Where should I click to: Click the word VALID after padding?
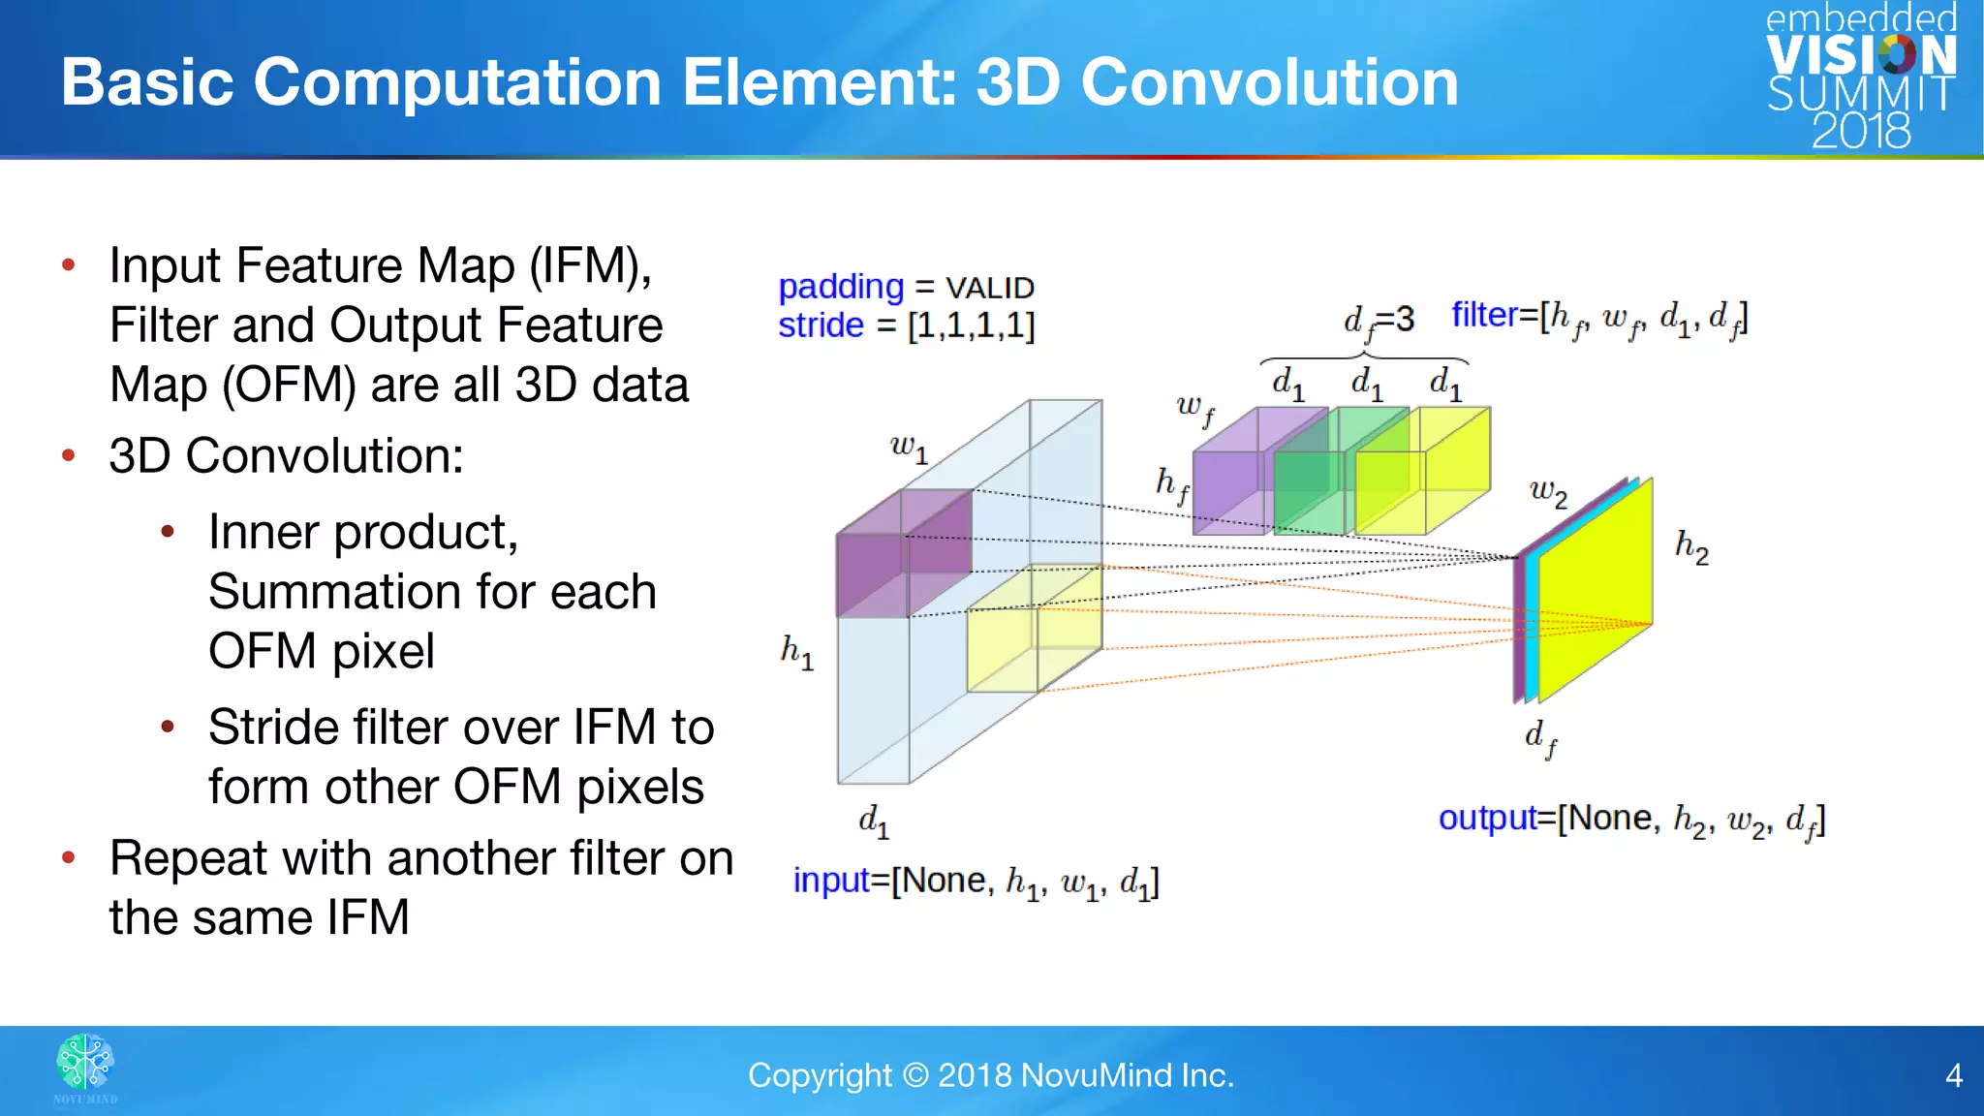click(x=989, y=288)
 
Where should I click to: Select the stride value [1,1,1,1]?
click(x=971, y=325)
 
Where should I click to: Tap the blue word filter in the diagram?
click(x=1483, y=315)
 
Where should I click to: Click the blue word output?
click(x=1487, y=819)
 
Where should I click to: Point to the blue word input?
click(x=830, y=881)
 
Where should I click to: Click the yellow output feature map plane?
click(x=1594, y=591)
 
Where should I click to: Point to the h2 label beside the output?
click(x=1691, y=547)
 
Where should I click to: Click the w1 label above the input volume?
click(x=909, y=448)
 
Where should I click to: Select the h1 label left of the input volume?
click(x=796, y=652)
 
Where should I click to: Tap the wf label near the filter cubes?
click(x=1194, y=409)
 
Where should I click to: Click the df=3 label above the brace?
click(x=1378, y=321)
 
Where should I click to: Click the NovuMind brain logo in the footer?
click(x=85, y=1063)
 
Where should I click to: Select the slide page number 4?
click(x=1953, y=1075)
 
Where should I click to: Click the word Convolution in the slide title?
click(x=1269, y=82)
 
